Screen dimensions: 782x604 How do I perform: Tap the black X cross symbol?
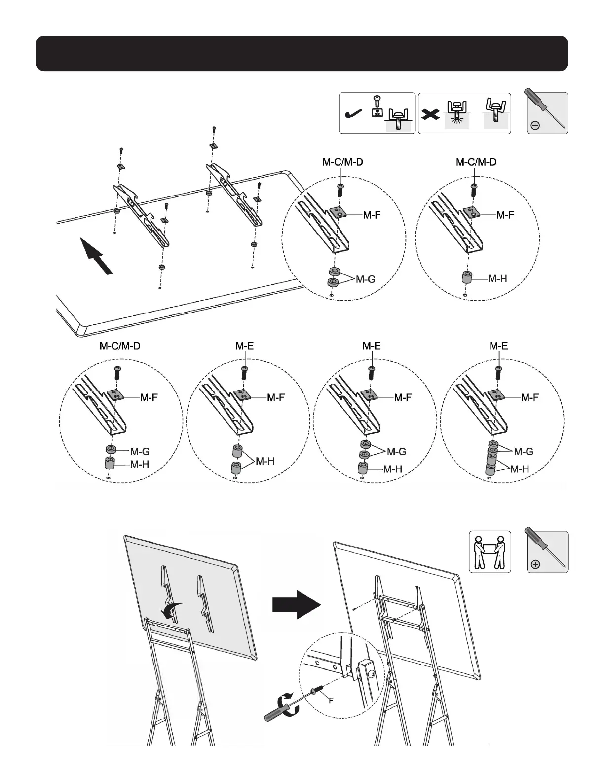tap(431, 115)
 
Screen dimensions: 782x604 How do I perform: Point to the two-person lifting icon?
tap(490, 551)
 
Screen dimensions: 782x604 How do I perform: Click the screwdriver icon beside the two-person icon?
tap(547, 551)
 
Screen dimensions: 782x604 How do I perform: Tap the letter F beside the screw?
tap(331, 700)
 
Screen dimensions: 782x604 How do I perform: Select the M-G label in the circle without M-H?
tap(365, 279)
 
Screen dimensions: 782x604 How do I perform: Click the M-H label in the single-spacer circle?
tap(497, 279)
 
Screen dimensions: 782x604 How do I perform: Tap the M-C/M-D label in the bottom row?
tap(120, 346)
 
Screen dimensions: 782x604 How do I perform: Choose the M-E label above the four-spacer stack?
tap(498, 346)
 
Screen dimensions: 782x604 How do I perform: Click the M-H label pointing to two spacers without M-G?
tap(265, 461)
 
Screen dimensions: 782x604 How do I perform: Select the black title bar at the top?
tap(302, 53)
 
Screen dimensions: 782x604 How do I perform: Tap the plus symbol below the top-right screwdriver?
tap(534, 126)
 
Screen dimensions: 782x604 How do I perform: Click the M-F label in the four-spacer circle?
tap(530, 397)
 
